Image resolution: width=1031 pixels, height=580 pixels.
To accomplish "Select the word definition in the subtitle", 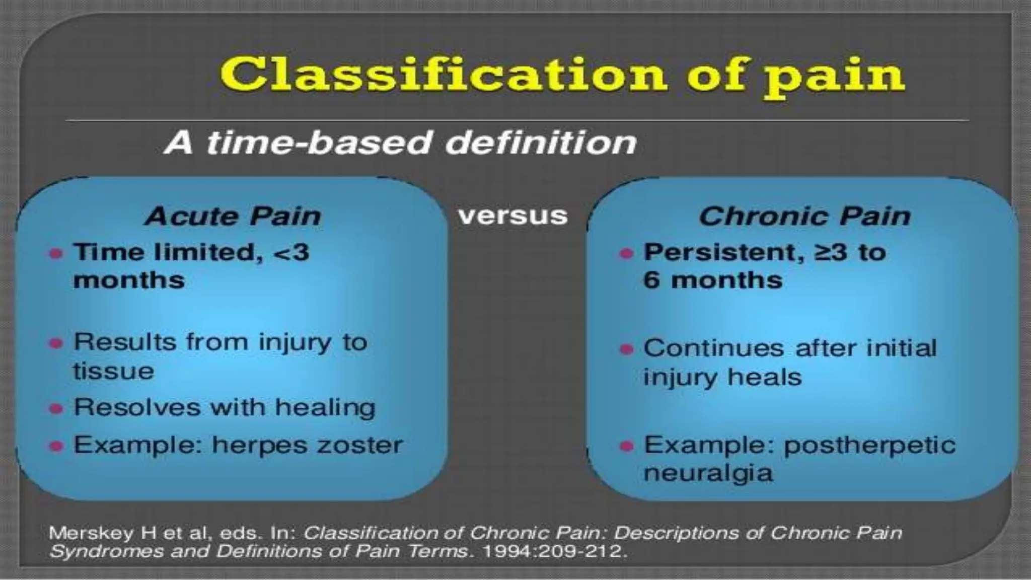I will click(x=541, y=142).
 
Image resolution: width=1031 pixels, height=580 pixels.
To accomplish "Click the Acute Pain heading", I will click(x=233, y=216).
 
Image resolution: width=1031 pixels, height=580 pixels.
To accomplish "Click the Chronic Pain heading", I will click(x=804, y=216).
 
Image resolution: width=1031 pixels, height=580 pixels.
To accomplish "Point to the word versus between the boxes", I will click(x=512, y=215).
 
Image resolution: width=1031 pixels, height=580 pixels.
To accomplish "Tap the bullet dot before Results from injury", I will click(x=56, y=343).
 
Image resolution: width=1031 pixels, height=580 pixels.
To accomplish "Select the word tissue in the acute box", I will click(x=114, y=372).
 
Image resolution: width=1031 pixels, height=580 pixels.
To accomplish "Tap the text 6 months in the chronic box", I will click(x=713, y=280).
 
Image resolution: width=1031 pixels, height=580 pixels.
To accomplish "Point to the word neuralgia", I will click(x=708, y=473).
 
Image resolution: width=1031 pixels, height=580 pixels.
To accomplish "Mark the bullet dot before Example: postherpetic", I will click(x=626, y=446).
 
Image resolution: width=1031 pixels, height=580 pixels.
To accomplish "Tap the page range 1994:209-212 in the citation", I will click(x=554, y=551).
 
